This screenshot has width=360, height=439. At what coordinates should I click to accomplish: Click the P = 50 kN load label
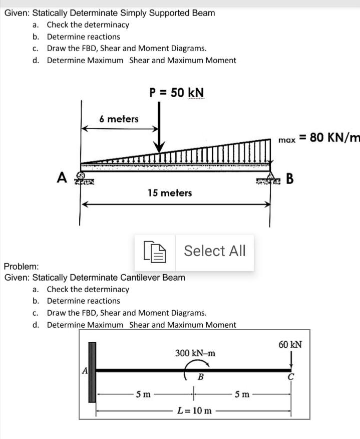[x=177, y=93]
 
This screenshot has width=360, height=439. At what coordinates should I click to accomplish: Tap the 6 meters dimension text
[x=119, y=119]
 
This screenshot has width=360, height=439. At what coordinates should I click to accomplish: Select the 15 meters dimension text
[x=170, y=193]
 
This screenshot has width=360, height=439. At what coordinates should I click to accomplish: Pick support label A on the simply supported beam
[x=63, y=177]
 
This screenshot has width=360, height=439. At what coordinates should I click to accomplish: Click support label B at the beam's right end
[x=290, y=178]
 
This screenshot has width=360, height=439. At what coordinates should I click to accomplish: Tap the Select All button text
[x=215, y=251]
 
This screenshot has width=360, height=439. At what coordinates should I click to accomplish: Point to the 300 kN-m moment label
[x=196, y=353]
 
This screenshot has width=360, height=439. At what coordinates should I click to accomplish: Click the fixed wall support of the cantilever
[x=92, y=372]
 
